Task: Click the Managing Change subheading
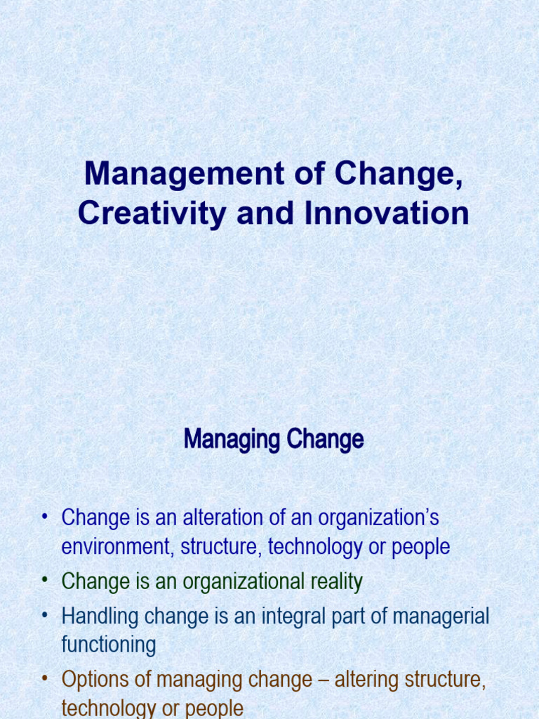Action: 274,440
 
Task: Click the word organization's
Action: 378,518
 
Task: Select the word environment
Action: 118,547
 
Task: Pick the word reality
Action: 335,582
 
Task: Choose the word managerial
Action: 441,616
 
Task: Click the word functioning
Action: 109,645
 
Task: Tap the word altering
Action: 366,680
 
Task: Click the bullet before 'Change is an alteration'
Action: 44,518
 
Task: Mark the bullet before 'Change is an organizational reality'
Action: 44,581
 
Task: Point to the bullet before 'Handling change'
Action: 44,616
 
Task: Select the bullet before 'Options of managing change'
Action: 44,680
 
